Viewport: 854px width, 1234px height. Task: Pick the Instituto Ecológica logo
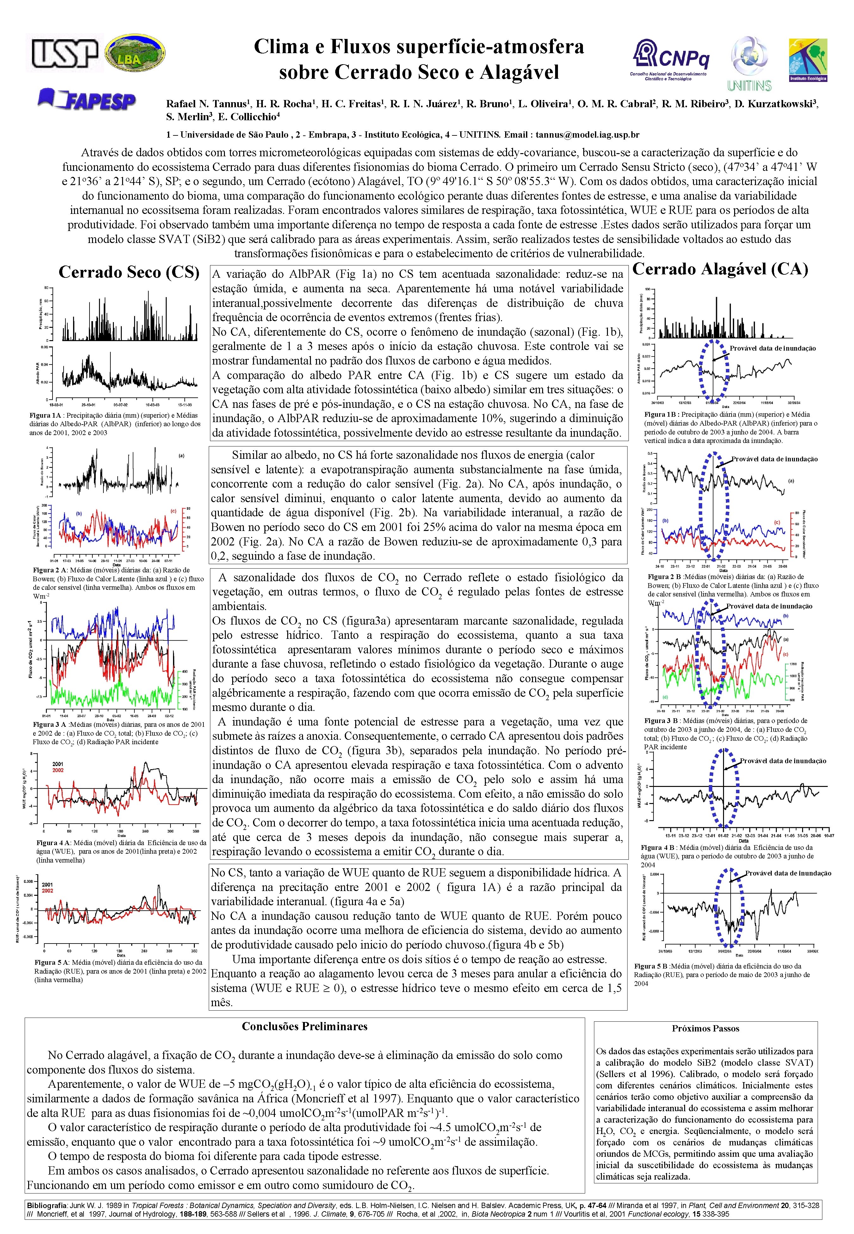point(808,60)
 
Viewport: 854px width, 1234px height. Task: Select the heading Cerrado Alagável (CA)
point(720,269)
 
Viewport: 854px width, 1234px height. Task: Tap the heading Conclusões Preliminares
point(305,1026)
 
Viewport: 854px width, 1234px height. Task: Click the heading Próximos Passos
point(705,1029)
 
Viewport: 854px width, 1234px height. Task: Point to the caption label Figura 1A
point(46,415)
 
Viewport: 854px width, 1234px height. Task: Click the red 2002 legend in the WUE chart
point(58,770)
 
